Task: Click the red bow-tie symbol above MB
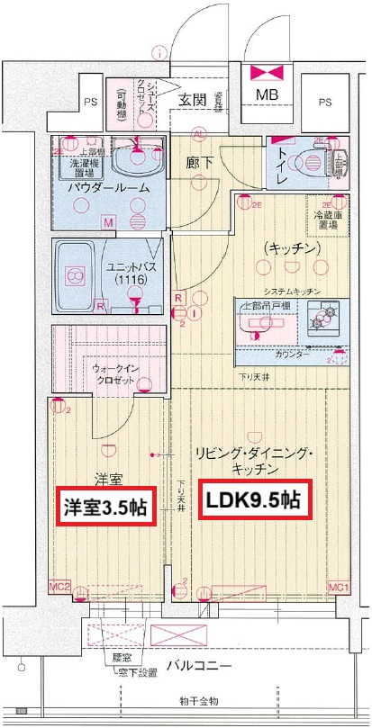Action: (x=267, y=72)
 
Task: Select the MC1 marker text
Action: (x=338, y=588)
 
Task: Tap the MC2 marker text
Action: (x=59, y=588)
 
